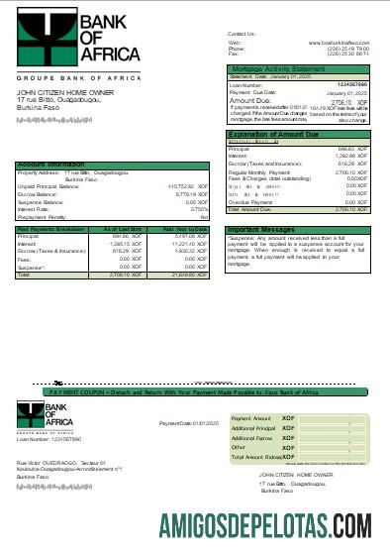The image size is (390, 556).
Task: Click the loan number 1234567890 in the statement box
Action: click(x=351, y=85)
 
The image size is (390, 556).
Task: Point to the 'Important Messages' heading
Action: click(x=263, y=229)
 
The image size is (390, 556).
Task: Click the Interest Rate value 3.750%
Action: click(x=199, y=209)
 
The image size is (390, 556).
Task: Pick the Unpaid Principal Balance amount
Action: click(x=188, y=185)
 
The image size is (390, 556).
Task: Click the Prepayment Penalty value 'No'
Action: click(x=205, y=216)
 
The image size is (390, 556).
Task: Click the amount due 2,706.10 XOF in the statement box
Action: click(x=345, y=100)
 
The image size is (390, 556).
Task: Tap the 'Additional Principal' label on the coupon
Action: click(x=253, y=427)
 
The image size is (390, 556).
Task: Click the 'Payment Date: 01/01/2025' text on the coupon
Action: click(x=189, y=423)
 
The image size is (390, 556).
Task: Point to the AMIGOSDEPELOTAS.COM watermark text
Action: click(x=265, y=521)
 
